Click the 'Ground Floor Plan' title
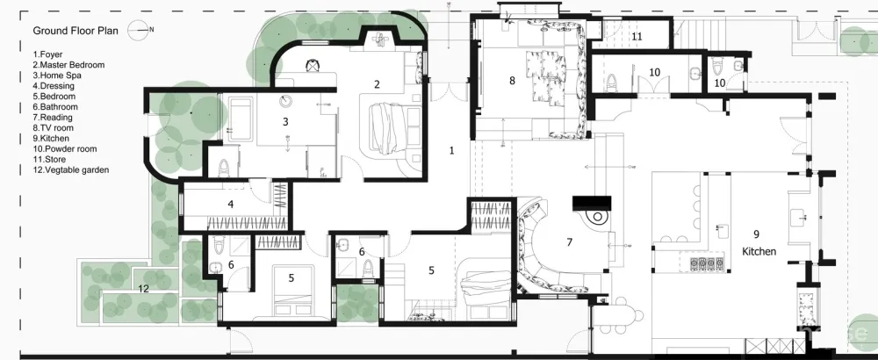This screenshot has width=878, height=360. (x=76, y=31)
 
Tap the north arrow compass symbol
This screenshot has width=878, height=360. (x=139, y=30)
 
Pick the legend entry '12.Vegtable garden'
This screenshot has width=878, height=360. (x=70, y=169)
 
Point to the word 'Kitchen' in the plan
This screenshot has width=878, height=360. (x=759, y=251)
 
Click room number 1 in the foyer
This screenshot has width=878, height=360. (x=451, y=150)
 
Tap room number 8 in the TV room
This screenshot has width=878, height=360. (x=512, y=81)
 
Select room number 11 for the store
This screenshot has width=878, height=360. (x=637, y=37)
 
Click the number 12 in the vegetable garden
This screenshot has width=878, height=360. (x=144, y=289)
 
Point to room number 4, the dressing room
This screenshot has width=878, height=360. (x=231, y=205)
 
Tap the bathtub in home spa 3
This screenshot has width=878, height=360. (x=240, y=119)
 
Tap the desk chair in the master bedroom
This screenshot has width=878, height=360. (x=312, y=66)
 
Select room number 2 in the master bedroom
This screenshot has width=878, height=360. (x=377, y=84)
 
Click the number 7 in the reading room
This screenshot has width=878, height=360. (x=570, y=242)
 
